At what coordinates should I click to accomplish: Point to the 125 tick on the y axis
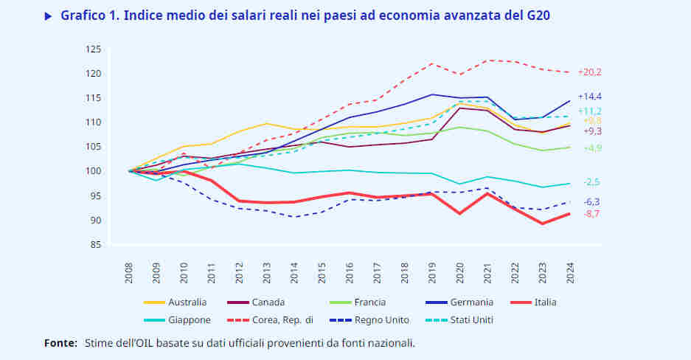(x=93, y=49)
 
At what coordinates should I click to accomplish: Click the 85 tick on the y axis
(x=95, y=245)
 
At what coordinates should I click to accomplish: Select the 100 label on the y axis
(x=93, y=171)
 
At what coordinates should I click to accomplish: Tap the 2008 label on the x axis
(x=130, y=272)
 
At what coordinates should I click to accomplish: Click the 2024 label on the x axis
(x=570, y=272)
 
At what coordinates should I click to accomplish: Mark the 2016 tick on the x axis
(x=350, y=272)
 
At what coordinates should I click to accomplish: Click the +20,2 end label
(x=590, y=72)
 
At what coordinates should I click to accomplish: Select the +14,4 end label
(x=590, y=97)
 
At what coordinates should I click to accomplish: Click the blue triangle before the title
(x=49, y=15)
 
